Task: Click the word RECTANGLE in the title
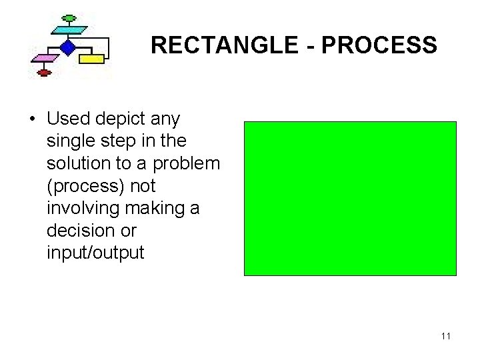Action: (x=213, y=45)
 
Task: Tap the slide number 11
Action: (x=446, y=336)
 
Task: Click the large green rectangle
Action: (x=350, y=198)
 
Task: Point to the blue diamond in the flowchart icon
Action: (x=67, y=47)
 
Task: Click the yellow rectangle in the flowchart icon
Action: (x=92, y=59)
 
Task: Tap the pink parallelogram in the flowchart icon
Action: (x=44, y=59)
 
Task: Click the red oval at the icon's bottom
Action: (x=44, y=72)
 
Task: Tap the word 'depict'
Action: (x=127, y=119)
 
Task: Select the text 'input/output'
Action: (x=95, y=253)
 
